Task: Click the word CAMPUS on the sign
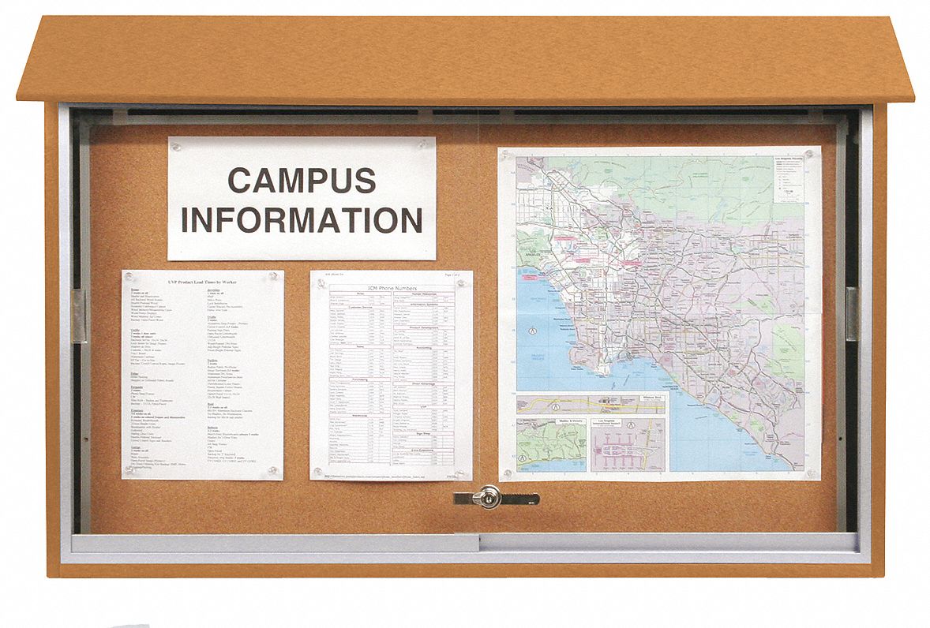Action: (302, 181)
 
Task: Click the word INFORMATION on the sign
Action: (302, 220)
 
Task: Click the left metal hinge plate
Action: (79, 316)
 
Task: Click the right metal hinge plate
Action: (852, 314)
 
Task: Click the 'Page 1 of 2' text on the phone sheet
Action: (456, 275)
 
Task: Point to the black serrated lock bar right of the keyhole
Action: (521, 498)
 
